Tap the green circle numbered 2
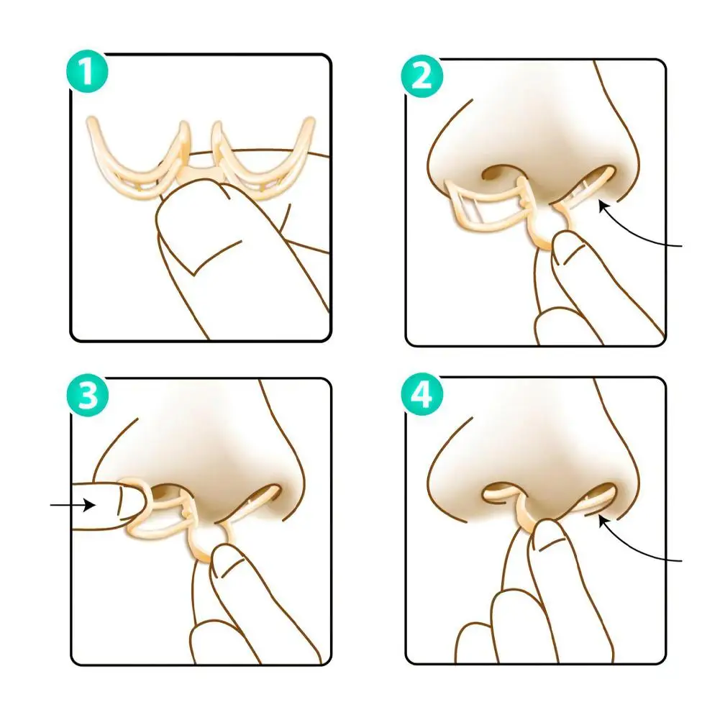[x=421, y=75]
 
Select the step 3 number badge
[x=86, y=395]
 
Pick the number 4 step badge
[x=421, y=395]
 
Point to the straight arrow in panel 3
[x=73, y=506]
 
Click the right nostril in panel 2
[x=594, y=180]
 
